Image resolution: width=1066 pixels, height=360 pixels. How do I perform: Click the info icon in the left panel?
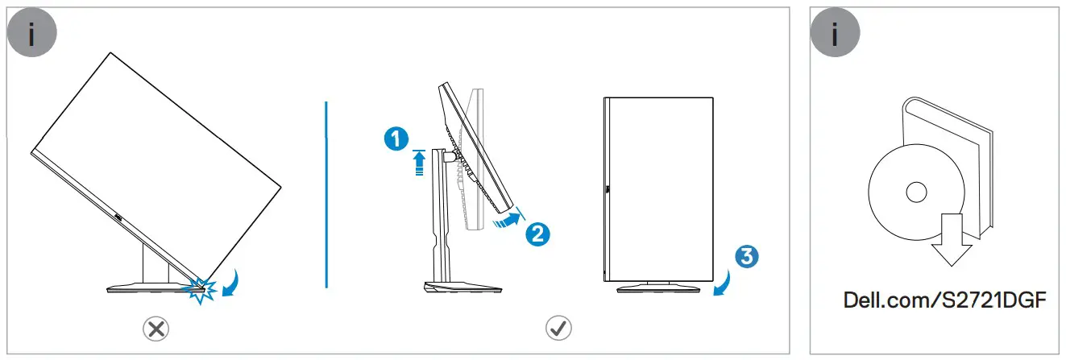32,37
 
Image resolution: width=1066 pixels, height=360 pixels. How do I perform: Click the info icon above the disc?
835,37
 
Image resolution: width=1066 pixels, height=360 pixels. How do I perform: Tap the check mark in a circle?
558,328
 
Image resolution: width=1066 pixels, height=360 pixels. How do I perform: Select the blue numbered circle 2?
537,234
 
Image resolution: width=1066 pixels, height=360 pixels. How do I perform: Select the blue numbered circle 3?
746,257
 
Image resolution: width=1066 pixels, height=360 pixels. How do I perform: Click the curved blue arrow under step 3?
723,283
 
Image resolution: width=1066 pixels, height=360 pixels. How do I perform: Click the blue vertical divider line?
326,193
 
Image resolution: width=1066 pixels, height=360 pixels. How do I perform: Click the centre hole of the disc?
916,192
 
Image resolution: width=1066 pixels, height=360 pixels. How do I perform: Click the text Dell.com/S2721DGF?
944,301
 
